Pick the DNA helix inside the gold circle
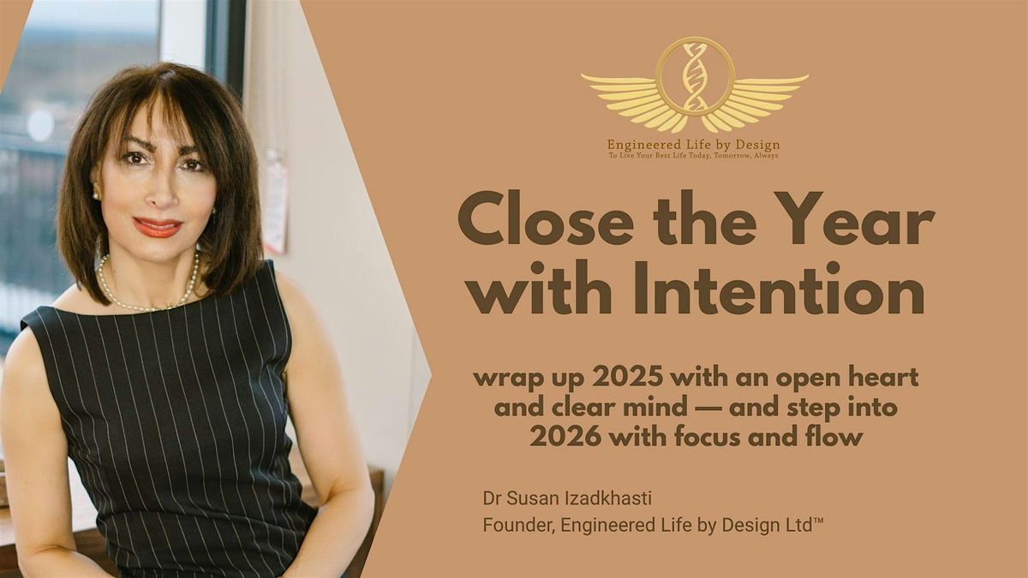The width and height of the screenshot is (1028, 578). pos(695,76)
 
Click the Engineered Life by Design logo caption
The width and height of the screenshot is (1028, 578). pos(694,145)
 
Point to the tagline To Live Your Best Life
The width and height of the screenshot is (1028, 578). pos(694,156)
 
